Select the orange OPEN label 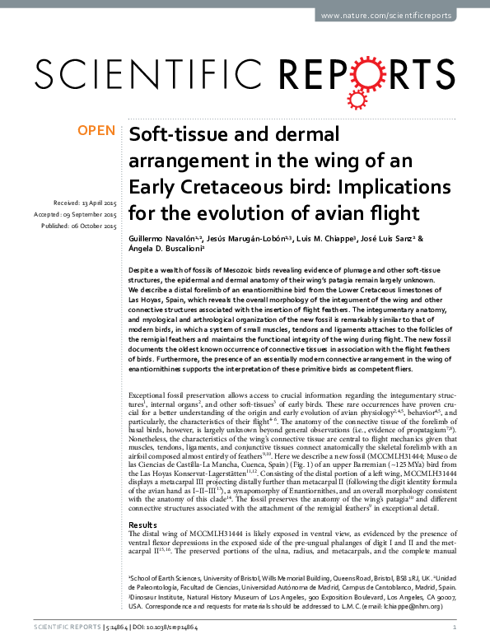[97, 131]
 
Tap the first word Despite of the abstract [142, 269]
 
